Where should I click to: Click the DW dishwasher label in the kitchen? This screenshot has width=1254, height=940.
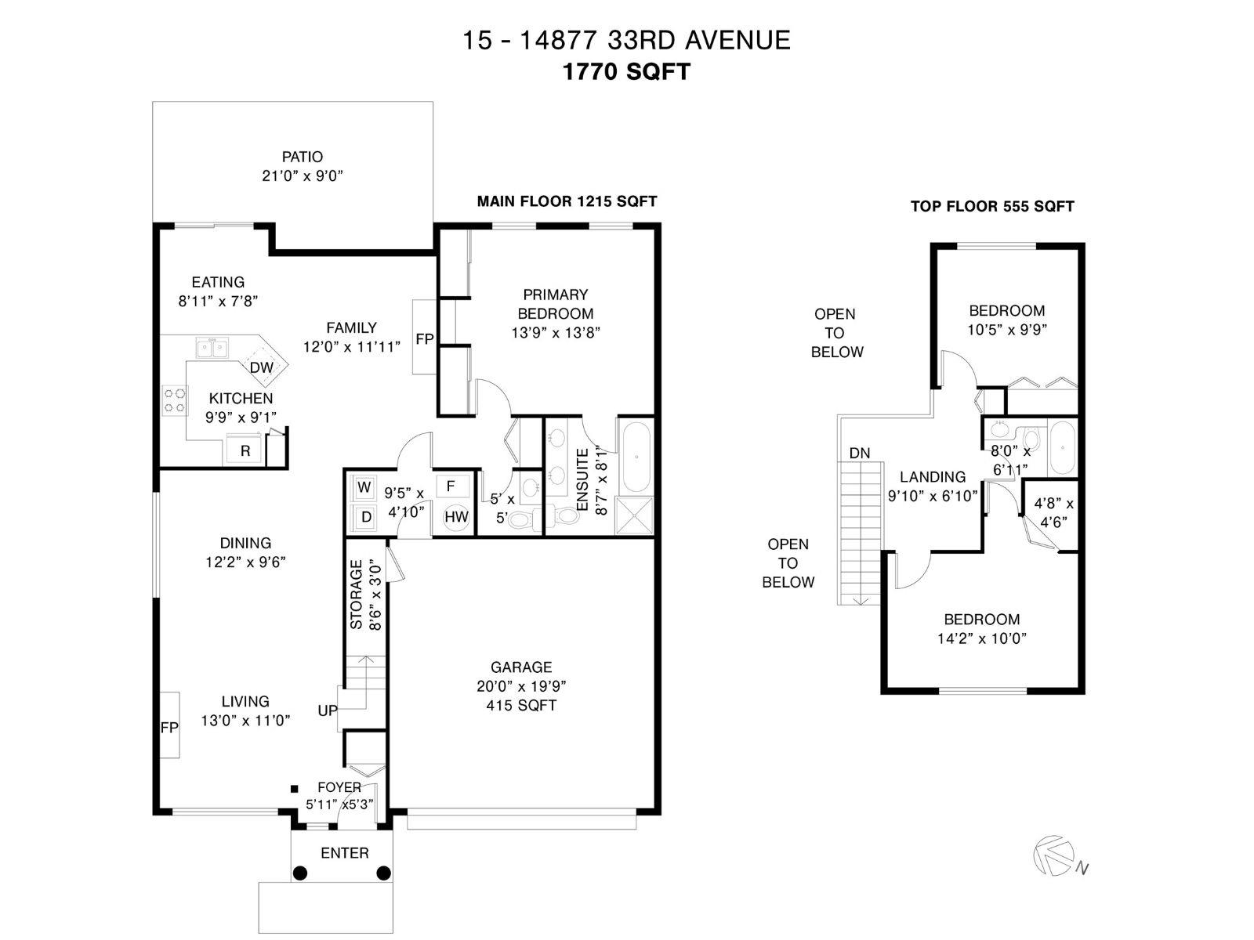[x=262, y=367]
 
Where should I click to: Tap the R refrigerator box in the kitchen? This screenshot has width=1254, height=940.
[x=245, y=450]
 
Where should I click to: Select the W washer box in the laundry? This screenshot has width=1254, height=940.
[x=364, y=487]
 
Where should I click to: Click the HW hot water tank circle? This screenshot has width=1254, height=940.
[x=456, y=517]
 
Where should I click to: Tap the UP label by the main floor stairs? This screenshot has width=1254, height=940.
[x=328, y=710]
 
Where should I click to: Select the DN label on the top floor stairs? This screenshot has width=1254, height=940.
[x=859, y=454]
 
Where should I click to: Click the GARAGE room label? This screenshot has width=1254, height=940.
[x=521, y=667]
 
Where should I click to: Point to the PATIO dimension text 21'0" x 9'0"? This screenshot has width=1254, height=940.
[x=303, y=175]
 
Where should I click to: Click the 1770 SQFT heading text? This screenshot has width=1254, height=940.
[x=627, y=72]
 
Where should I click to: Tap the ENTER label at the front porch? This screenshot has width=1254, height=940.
[x=345, y=853]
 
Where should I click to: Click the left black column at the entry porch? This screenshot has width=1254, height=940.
[x=300, y=873]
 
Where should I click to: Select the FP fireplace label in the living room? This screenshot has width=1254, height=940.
[x=169, y=728]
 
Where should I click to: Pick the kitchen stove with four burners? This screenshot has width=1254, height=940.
[x=175, y=400]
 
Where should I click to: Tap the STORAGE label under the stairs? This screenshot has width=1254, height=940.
[x=356, y=594]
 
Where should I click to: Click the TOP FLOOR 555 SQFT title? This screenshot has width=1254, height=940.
[x=992, y=206]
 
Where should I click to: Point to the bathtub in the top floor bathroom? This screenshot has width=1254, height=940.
[x=1062, y=448]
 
